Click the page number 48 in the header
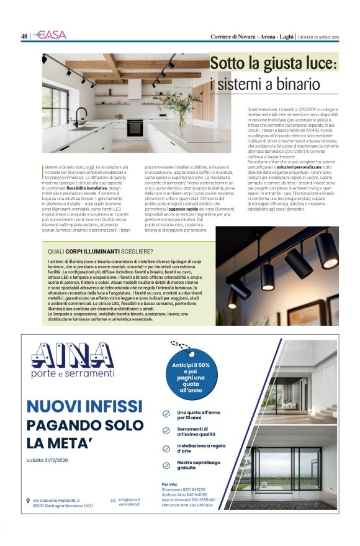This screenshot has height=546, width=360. [24, 36]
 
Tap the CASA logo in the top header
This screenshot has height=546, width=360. [54, 35]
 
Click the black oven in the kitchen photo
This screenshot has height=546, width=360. [135, 127]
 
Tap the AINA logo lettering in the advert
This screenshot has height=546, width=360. [73, 356]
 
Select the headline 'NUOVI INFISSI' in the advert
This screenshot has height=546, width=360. [84, 406]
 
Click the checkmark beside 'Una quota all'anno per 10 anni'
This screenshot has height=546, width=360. [166, 414]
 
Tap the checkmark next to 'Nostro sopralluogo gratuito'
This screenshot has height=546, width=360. [166, 465]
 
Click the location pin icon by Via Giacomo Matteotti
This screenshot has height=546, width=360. [28, 500]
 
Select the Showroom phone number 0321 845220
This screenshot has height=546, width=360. [194, 489]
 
